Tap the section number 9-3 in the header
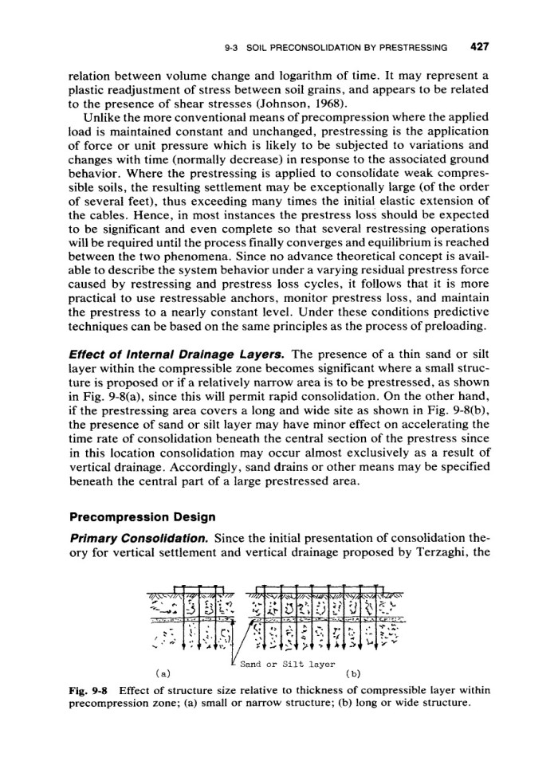pyautogui.click(x=233, y=47)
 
